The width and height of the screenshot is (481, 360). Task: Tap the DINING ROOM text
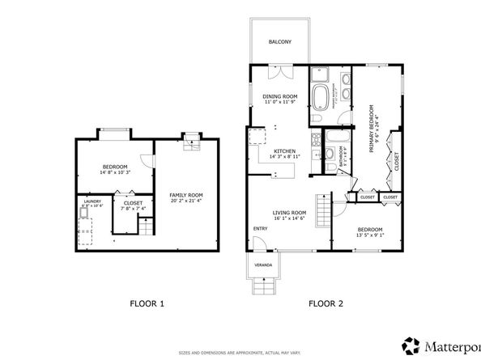coord(278,95)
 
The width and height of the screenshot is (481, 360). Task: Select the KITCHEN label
coord(284,150)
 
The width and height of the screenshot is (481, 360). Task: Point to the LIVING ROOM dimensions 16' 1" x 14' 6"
coord(289,218)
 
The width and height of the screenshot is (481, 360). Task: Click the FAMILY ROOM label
coord(185,195)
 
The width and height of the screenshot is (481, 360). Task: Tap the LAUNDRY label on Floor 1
coord(92,201)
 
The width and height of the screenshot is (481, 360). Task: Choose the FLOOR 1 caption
coord(147,304)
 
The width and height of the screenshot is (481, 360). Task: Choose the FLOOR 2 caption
coord(326,304)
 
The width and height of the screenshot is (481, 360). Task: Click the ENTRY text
coord(260,228)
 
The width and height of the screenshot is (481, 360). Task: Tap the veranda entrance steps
coord(264,286)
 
